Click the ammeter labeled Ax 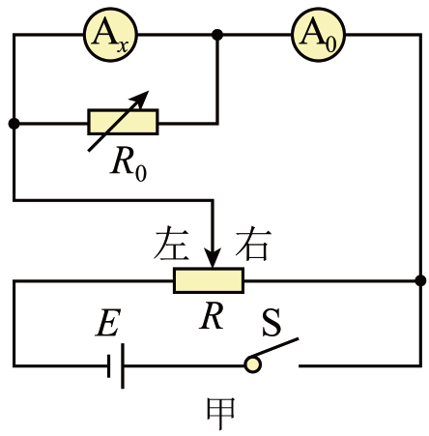[110, 35]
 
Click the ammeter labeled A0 [318, 35]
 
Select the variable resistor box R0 [123, 122]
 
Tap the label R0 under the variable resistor [129, 165]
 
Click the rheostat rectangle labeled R [209, 280]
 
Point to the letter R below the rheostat [212, 316]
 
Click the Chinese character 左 [171, 244]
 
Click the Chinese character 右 [252, 244]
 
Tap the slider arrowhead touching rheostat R [213, 258]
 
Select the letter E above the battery [108, 323]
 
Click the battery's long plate [123, 366]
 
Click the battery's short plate [109, 366]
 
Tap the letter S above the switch [272, 322]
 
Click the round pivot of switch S [253, 364]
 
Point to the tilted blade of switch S [274, 347]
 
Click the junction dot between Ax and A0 [217, 35]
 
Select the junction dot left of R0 [14, 123]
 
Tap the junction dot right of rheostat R [420, 280]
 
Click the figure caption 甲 [220, 414]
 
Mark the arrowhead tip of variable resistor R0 [149, 91]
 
